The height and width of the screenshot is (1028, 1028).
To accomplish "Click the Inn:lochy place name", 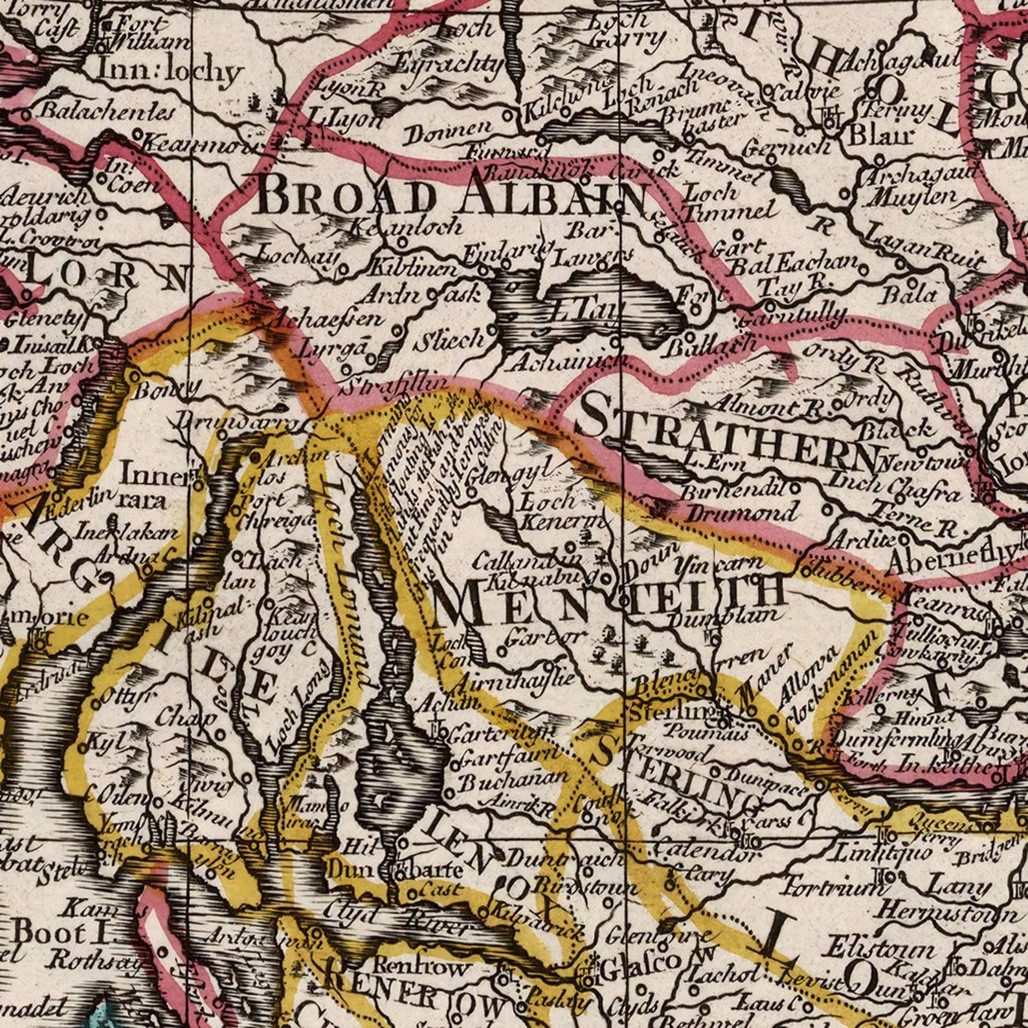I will pos(170,71).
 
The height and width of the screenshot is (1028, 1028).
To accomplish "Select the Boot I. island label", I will pos(58,932).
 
